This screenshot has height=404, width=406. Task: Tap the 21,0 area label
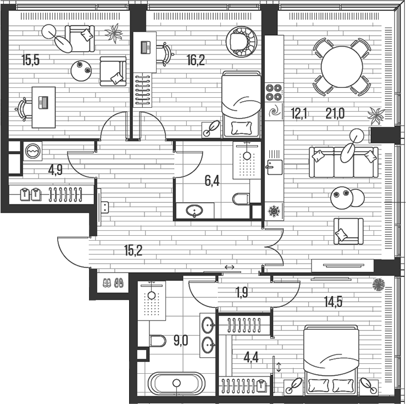(335, 114)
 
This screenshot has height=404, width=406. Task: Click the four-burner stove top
(273, 91)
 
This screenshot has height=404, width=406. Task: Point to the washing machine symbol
(34, 150)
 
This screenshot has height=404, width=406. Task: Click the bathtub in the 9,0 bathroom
(176, 384)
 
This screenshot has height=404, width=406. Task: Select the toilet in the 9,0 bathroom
(157, 341)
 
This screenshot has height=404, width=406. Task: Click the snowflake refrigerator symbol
(272, 211)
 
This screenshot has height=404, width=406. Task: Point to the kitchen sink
(274, 167)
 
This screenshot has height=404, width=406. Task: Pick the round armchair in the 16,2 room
(241, 42)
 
